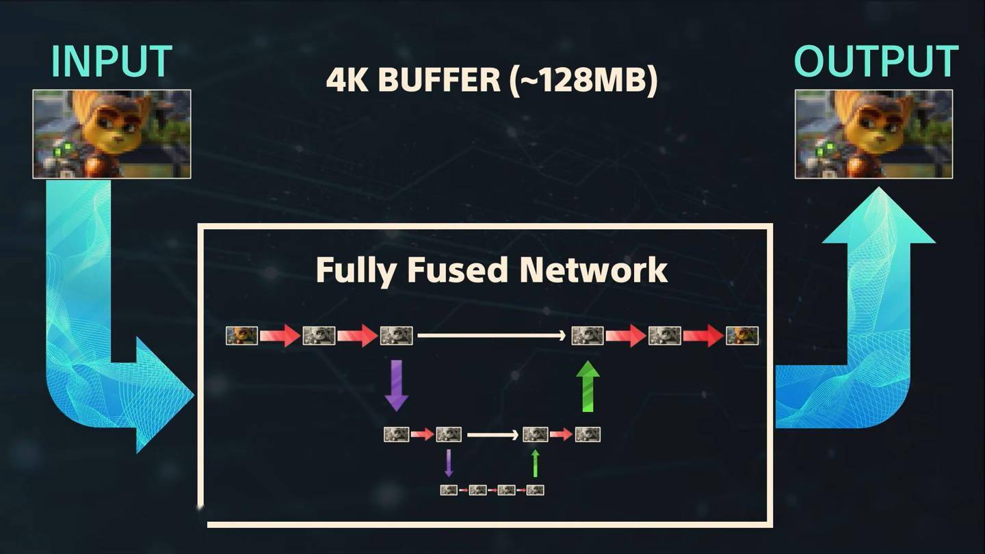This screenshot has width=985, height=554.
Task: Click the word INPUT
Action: (111, 61)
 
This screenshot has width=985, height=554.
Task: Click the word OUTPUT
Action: (876, 61)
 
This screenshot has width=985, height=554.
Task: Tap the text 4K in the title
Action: (347, 80)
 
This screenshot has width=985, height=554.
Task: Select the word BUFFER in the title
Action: (439, 80)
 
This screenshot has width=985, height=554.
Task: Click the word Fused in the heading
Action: (457, 269)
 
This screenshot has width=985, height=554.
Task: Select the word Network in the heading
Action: (593, 269)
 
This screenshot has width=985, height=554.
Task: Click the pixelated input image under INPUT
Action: (111, 134)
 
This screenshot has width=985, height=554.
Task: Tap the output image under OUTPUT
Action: (874, 134)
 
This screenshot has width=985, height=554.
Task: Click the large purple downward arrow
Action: (397, 386)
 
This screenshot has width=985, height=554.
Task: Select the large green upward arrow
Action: (588, 386)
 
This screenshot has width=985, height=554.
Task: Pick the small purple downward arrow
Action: (449, 463)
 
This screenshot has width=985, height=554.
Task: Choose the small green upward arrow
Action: (535, 463)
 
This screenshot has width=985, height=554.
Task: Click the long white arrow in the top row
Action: (492, 336)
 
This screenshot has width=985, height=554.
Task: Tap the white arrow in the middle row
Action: (493, 435)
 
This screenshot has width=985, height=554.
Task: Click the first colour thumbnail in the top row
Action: (242, 336)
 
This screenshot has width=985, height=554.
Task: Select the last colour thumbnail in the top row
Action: (742, 336)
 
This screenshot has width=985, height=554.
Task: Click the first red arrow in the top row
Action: (280, 336)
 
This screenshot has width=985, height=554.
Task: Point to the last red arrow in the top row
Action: (703, 336)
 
